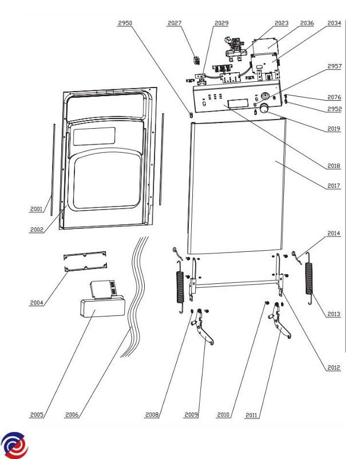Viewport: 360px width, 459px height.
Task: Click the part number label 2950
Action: pyautogui.click(x=125, y=23)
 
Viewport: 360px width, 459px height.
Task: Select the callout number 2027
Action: pyautogui.click(x=175, y=23)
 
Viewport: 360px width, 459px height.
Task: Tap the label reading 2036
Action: pyautogui.click(x=307, y=23)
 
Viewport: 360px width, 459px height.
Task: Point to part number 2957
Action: pyautogui.click(x=334, y=66)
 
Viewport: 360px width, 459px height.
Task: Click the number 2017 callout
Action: pyautogui.click(x=334, y=185)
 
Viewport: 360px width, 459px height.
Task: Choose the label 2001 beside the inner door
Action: pyautogui.click(x=37, y=209)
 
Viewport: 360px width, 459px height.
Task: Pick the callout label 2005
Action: pyautogui.click(x=37, y=414)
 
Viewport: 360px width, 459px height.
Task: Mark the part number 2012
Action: pyautogui.click(x=334, y=367)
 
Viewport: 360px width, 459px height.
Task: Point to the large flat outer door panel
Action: pyautogui.click(x=238, y=183)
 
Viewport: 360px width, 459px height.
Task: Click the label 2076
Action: pyautogui.click(x=334, y=97)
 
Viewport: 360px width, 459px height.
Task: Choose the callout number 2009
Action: pyautogui.click(x=191, y=414)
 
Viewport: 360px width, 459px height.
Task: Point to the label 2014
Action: pyautogui.click(x=334, y=234)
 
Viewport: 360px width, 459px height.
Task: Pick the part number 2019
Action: pyautogui.click(x=334, y=129)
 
